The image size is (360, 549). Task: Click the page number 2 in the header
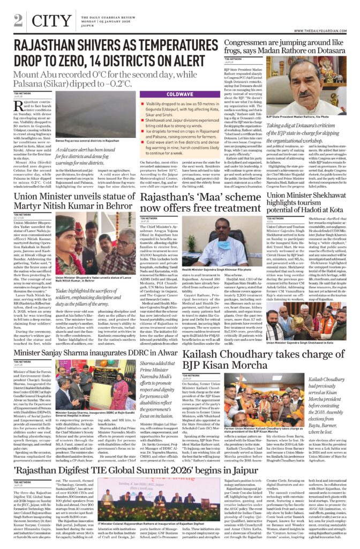18,20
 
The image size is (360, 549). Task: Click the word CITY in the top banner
51,20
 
